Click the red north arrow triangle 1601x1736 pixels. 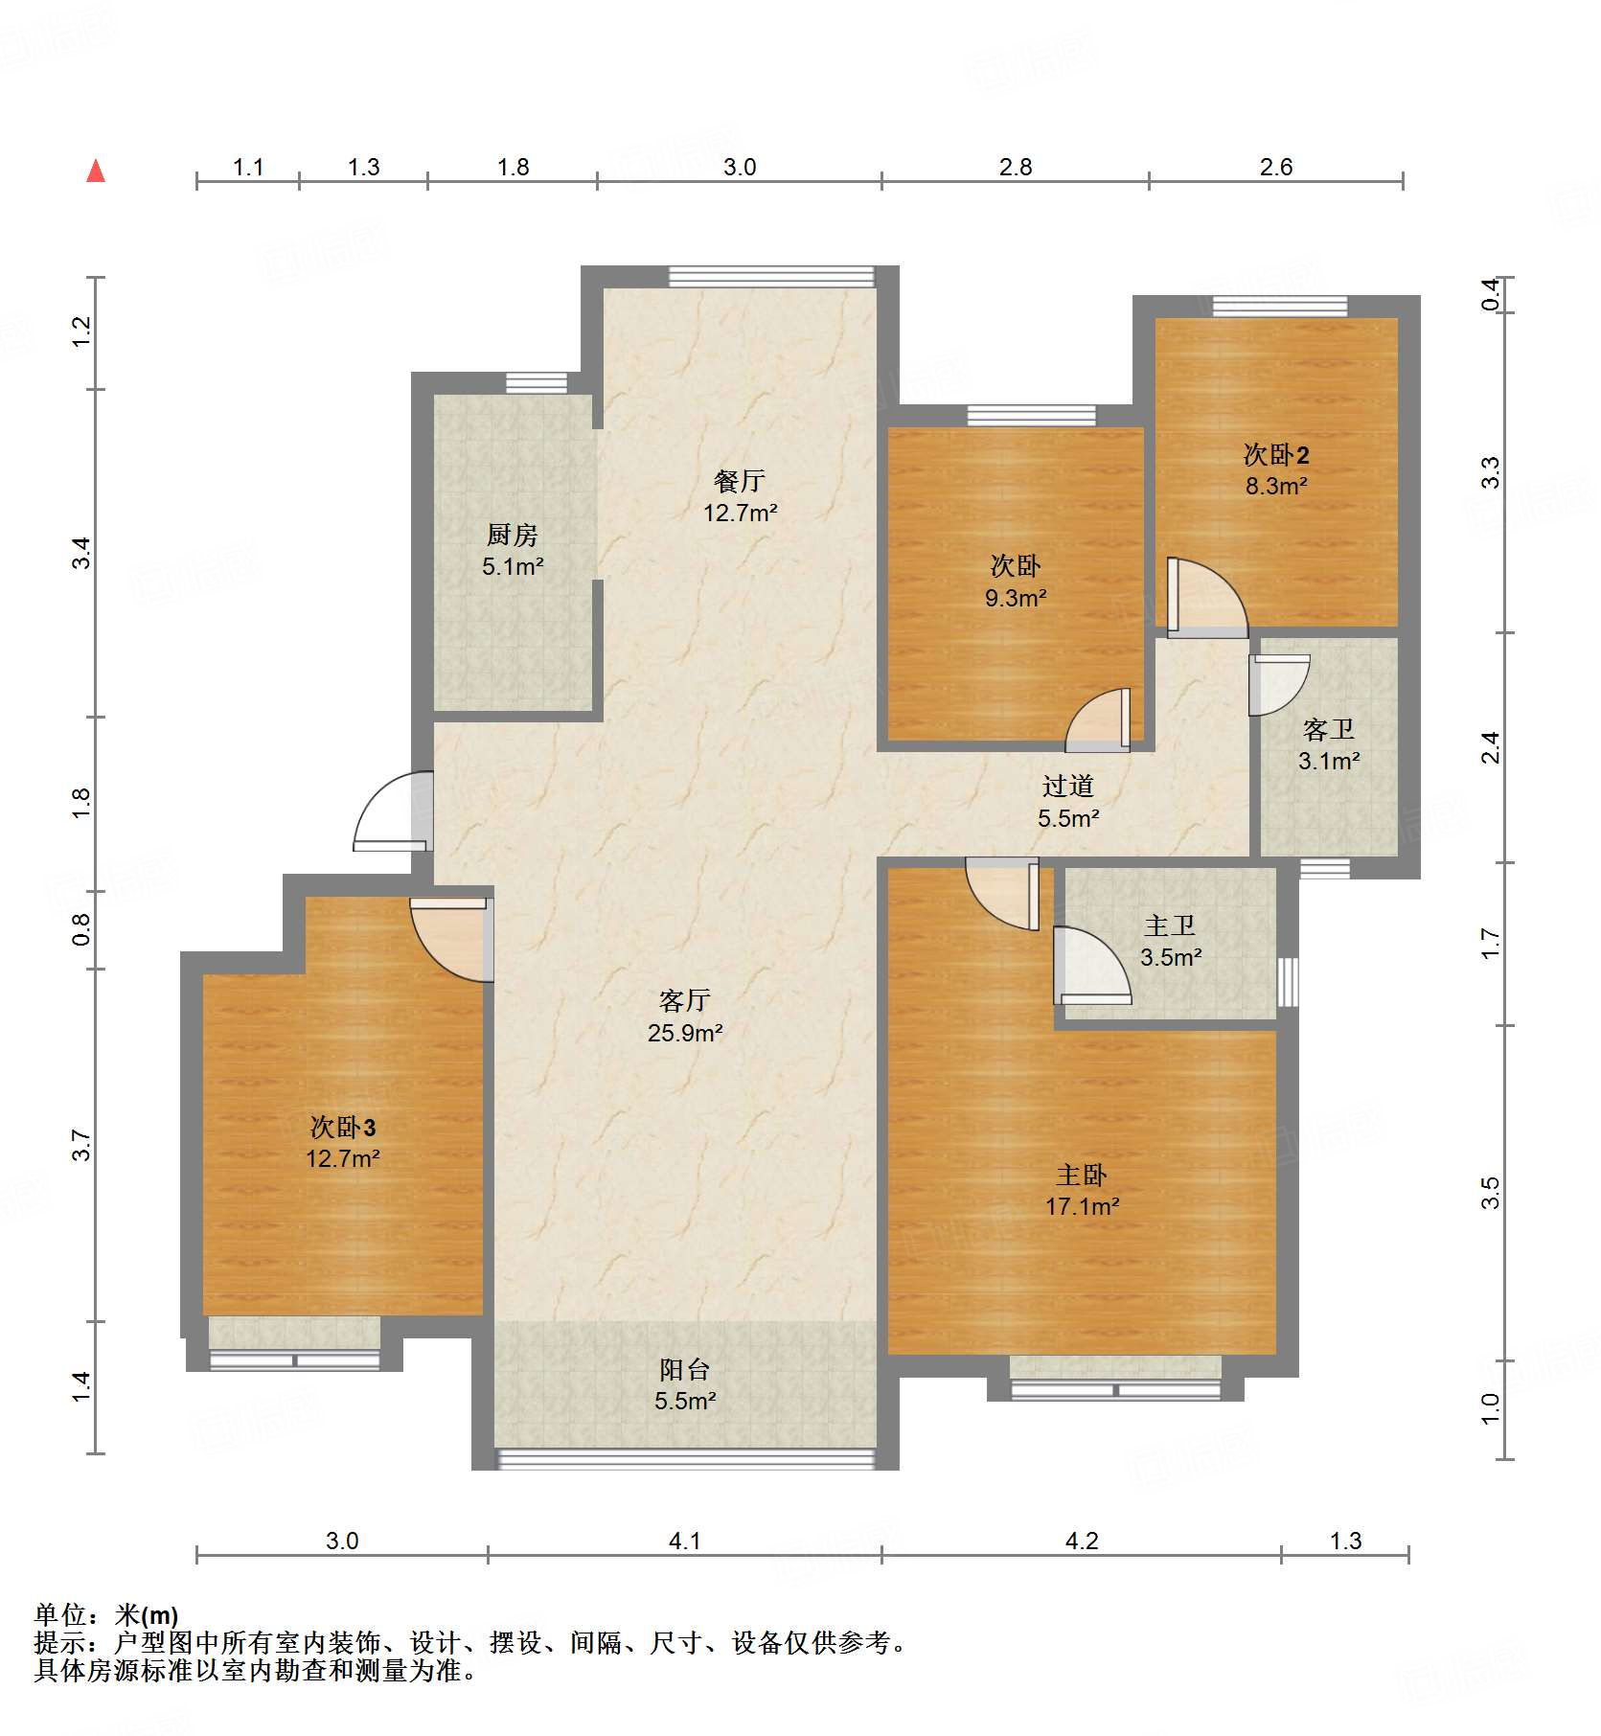96,171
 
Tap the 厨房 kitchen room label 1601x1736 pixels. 513,549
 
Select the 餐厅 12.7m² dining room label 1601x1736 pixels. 740,496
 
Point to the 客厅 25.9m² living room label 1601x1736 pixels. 684,1016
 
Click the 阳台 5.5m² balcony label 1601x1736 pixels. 685,1385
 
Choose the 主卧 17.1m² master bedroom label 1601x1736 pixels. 1082,1190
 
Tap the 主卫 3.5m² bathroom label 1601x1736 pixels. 1170,941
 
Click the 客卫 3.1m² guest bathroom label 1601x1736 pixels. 1329,745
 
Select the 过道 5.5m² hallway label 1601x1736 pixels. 1068,802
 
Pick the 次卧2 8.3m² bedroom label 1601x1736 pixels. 1275,469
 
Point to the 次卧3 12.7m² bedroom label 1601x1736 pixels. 343,1142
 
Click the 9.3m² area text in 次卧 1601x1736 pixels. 1016,599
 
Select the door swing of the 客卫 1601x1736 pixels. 1278,684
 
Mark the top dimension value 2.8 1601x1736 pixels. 1016,168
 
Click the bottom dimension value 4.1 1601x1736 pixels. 684,1542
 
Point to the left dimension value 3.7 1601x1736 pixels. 81,1146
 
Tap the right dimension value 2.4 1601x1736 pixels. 1491,748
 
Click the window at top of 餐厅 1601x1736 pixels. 771,277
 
